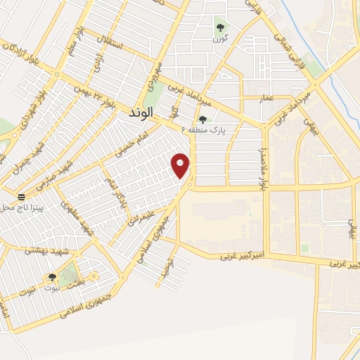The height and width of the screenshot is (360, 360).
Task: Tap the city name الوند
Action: [142, 112]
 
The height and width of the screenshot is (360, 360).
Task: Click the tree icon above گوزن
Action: [220, 28]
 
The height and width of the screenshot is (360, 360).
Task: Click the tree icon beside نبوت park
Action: [52, 278]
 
